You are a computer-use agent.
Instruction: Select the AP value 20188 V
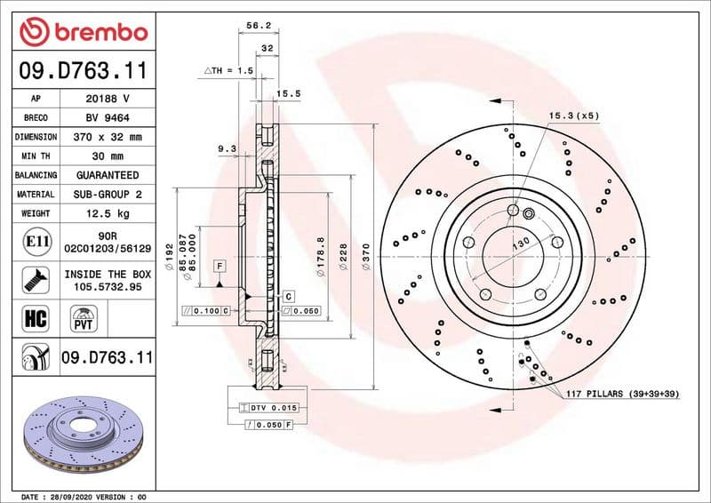point(107,99)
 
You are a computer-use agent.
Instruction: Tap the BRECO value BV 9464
point(107,117)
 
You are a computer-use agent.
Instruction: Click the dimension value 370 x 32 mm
point(107,137)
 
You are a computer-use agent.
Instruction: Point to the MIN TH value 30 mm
point(107,156)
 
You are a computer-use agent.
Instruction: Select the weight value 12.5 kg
point(107,213)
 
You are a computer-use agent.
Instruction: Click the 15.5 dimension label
point(288,92)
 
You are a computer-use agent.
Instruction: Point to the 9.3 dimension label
point(227,149)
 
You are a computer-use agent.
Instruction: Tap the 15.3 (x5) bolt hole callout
point(573,116)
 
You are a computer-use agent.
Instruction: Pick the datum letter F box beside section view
point(218,266)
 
